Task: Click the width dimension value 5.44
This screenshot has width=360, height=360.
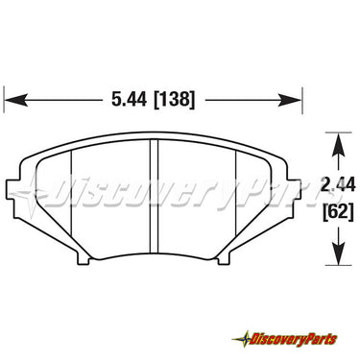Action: coord(129,100)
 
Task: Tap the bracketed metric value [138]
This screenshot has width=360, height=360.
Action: coord(174,100)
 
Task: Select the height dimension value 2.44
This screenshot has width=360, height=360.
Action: coord(339,184)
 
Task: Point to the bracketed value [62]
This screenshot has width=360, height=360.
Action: coord(339,211)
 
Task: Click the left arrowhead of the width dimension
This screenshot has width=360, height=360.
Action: coord(15,100)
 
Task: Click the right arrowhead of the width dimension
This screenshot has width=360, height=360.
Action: coord(290,100)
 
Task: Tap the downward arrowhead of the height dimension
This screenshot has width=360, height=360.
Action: coord(339,253)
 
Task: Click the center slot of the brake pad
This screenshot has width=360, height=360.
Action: coord(155,196)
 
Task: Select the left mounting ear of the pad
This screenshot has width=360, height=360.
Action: coord(13,189)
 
